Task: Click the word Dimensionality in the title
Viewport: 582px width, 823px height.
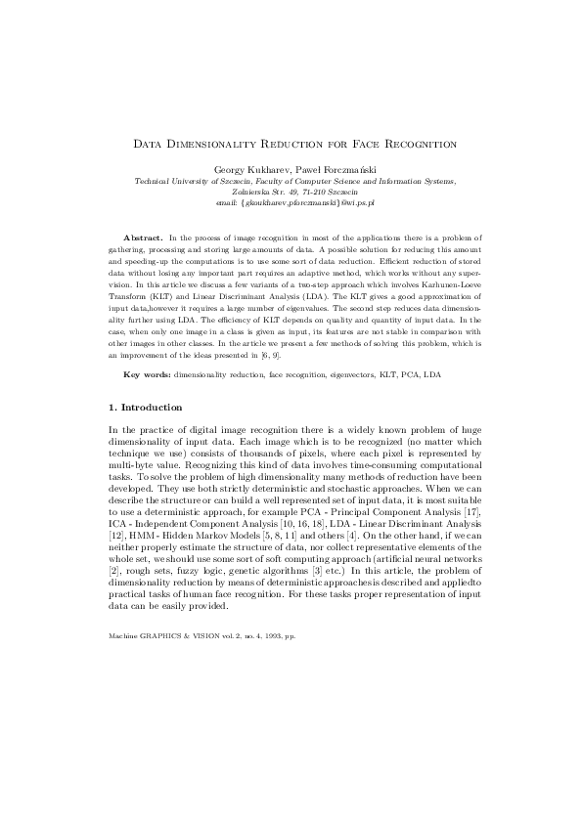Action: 230,144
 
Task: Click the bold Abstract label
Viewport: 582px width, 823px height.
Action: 143,238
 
